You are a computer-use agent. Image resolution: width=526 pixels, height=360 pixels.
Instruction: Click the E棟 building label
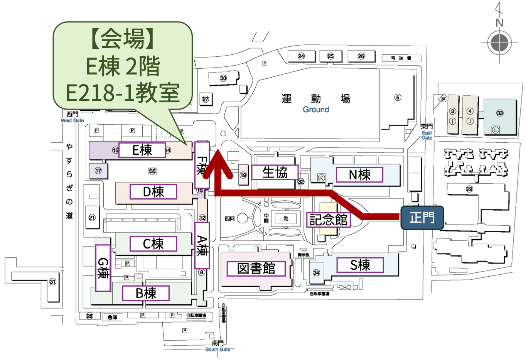142,150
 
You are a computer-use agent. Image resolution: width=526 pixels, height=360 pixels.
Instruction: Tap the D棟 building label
153,191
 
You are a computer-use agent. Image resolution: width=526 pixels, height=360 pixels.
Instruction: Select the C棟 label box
153,244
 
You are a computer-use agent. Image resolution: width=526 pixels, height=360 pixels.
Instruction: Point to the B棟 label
146,293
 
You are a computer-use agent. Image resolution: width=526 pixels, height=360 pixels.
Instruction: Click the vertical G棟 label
103,268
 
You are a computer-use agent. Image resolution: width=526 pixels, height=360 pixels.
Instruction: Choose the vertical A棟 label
202,245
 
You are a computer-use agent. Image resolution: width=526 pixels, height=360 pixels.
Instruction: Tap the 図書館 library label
256,269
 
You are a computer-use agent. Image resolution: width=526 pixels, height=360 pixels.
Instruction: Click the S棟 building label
360,265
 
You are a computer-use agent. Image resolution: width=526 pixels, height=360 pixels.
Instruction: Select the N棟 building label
359,175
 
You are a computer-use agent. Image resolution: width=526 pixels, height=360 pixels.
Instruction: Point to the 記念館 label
329,220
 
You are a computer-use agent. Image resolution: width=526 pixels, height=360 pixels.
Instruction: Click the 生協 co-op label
275,172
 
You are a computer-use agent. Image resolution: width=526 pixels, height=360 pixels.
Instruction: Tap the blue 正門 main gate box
422,218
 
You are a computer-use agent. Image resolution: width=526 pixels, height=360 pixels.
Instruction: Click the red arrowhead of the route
218,162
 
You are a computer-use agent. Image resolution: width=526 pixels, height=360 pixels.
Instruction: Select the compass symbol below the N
499,42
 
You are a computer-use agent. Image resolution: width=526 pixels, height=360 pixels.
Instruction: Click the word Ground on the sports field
316,110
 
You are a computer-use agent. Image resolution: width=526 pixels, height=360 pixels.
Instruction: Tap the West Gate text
72,120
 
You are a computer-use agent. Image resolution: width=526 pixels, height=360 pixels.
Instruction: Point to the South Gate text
217,349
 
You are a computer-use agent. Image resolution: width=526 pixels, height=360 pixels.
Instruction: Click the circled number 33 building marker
500,113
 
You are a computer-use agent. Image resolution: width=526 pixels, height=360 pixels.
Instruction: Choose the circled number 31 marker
52,282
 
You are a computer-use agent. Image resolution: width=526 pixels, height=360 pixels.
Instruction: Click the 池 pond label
286,218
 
